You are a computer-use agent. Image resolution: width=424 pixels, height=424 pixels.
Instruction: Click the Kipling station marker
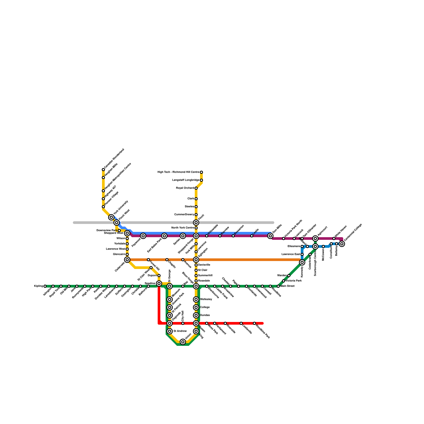click(x=45, y=286)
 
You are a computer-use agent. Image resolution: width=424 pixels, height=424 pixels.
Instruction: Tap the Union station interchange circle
click(x=183, y=342)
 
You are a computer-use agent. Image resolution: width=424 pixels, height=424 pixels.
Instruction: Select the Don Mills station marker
click(x=270, y=236)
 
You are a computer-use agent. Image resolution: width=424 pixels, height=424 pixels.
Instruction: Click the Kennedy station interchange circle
click(x=302, y=262)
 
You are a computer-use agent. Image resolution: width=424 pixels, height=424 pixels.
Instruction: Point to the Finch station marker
click(x=196, y=223)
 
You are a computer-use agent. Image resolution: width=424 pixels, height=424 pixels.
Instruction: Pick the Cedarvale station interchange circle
click(x=127, y=260)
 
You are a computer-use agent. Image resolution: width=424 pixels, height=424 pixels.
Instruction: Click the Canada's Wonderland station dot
click(x=103, y=170)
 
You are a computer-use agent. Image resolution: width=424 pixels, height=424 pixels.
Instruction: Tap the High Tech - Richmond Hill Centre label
click(x=178, y=172)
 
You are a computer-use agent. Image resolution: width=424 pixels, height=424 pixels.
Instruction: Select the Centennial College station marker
click(x=342, y=244)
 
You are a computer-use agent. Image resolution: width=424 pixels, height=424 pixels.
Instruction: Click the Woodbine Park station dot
click(x=254, y=323)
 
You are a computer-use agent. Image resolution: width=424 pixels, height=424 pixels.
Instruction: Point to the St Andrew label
click(x=180, y=331)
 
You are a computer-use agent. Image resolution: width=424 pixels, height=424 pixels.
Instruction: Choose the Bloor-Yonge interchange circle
click(x=196, y=286)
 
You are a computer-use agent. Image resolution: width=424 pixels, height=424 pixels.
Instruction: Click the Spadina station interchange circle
click(x=159, y=284)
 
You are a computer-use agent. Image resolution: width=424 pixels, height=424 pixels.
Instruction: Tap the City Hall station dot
click(x=183, y=323)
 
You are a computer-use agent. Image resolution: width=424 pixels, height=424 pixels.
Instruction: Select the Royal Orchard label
click(x=185, y=188)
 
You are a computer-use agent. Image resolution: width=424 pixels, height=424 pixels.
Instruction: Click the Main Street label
click(x=288, y=286)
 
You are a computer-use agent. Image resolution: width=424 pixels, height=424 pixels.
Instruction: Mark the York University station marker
click(x=111, y=217)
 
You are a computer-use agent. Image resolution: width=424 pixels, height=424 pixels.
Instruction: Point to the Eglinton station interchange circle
click(x=196, y=260)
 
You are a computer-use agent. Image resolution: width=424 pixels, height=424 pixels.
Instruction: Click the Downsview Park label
click(x=107, y=231)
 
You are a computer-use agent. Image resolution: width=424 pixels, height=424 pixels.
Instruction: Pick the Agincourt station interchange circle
click(x=315, y=238)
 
